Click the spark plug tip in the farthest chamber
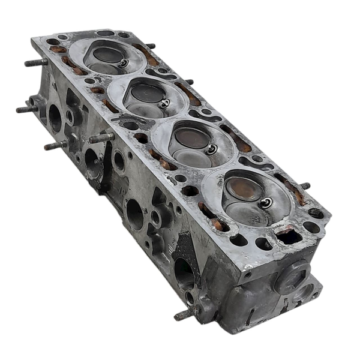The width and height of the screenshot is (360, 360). [124, 63]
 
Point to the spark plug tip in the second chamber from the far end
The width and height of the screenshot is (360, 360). [164, 103]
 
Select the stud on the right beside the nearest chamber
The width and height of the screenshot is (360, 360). [305, 186]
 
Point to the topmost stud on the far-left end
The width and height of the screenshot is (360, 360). [36, 62]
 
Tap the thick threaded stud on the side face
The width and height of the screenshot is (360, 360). [101, 138]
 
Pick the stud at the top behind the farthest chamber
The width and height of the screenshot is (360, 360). [151, 46]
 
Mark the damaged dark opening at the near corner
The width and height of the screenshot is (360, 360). [289, 236]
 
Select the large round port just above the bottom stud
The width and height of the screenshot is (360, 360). [183, 274]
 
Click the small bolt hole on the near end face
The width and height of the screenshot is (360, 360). [247, 275]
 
